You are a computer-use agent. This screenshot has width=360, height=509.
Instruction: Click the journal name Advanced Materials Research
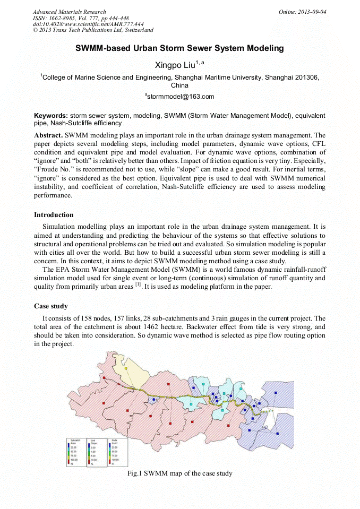tap(69, 11)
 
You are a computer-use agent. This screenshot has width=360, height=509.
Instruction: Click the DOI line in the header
tap(88, 24)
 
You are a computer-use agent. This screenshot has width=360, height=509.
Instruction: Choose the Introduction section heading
tap(54, 215)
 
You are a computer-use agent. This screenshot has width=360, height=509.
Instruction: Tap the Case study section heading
tap(50, 306)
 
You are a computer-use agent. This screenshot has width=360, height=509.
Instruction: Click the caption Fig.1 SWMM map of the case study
tap(180, 473)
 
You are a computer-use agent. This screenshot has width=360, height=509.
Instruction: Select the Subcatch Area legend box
tap(75, 452)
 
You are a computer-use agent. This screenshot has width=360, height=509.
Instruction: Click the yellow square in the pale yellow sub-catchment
tap(126, 367)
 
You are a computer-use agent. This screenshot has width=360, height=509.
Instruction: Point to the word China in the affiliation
tap(180, 85)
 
